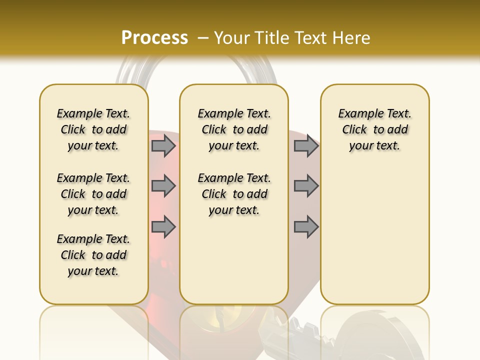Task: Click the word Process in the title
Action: [154, 38]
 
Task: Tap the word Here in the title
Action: [349, 38]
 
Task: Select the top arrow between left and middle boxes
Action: [163, 145]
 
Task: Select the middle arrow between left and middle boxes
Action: [163, 186]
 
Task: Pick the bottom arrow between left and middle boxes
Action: [163, 227]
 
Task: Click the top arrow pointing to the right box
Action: [306, 145]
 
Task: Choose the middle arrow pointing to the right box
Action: [306, 186]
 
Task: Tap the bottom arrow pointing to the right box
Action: [306, 227]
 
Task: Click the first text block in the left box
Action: [93, 129]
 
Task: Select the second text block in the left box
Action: [93, 194]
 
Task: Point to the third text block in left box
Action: [93, 255]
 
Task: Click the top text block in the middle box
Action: [234, 129]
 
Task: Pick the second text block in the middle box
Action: [234, 194]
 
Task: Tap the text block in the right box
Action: [374, 129]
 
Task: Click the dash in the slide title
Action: [203, 38]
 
